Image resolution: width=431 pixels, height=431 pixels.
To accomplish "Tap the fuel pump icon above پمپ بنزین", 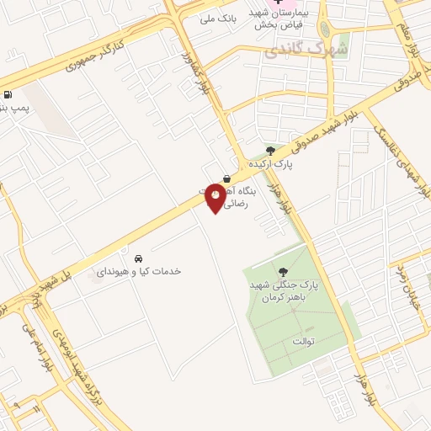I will (x=8, y=94).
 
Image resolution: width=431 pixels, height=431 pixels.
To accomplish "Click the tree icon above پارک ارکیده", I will (x=269, y=151).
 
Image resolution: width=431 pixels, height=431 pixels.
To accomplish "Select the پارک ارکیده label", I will (x=270, y=163).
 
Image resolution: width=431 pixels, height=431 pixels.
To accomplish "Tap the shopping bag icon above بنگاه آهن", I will (x=228, y=178).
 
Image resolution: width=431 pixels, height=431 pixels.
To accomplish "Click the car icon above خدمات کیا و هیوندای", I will (x=138, y=258).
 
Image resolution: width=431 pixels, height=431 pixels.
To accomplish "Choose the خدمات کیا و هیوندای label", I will (x=139, y=271).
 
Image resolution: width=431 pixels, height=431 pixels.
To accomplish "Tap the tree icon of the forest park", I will (x=282, y=271).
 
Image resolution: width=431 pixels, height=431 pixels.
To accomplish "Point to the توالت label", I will (x=302, y=341).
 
